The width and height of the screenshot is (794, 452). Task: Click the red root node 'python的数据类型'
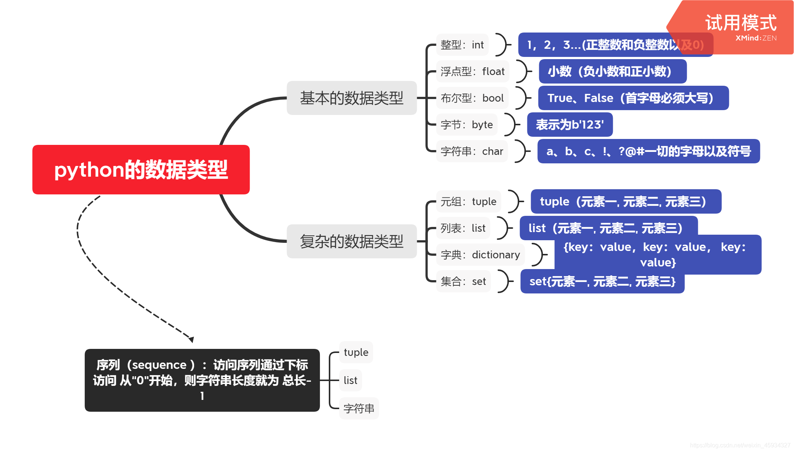141,170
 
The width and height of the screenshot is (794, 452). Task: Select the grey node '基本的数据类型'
351,98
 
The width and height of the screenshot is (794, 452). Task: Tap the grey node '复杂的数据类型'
351,241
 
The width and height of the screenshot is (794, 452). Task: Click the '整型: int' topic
462,45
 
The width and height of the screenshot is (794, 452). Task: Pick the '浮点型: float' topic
472,71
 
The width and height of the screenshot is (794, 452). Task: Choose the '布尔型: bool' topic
472,98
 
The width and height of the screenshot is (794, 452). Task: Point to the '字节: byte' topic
466,125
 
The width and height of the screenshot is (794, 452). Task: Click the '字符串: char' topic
472,151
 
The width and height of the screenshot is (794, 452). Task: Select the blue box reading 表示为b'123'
570,125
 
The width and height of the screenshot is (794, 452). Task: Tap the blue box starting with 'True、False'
633,98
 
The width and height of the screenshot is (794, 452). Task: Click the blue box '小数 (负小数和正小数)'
612,71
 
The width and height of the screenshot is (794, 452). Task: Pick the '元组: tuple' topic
468,201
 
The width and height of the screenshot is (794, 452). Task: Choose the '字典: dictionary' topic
480,255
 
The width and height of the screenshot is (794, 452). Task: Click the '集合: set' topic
463,281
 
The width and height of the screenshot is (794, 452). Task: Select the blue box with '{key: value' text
658,255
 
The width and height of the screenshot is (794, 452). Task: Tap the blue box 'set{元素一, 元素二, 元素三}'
602,282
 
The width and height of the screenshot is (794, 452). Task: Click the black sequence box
202,380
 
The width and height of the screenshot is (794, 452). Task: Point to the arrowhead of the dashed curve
191,339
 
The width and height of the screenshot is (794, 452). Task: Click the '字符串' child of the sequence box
359,408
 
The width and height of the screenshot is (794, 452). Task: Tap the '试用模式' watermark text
741,23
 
